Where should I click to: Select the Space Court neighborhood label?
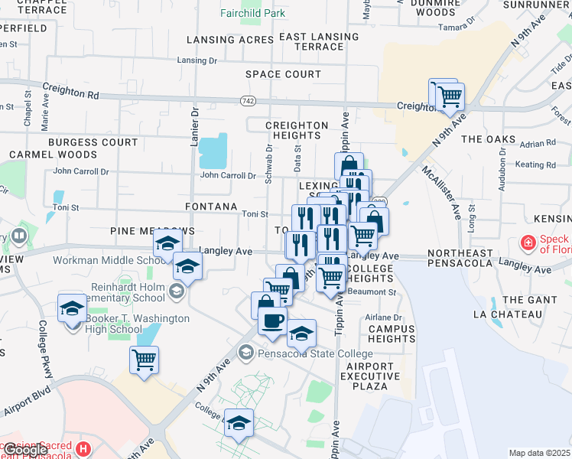(283, 74)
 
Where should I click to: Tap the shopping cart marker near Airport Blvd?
(144, 358)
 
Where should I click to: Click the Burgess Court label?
(93, 142)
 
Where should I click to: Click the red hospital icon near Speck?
(528, 243)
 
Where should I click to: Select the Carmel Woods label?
(53, 155)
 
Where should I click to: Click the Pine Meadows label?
(152, 230)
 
